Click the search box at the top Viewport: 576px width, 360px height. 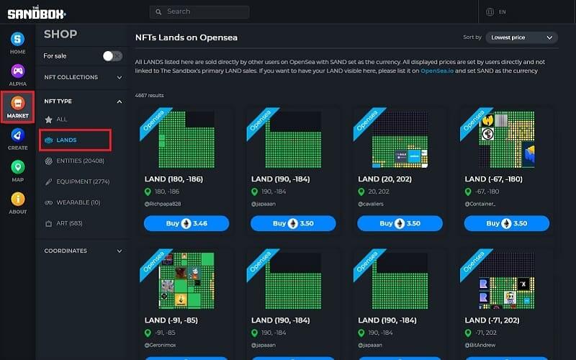point(199,12)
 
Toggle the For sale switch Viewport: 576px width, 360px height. point(112,55)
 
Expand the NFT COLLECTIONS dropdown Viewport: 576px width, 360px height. point(82,77)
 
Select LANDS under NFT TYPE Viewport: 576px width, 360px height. point(66,140)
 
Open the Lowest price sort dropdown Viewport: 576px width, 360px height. point(521,37)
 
